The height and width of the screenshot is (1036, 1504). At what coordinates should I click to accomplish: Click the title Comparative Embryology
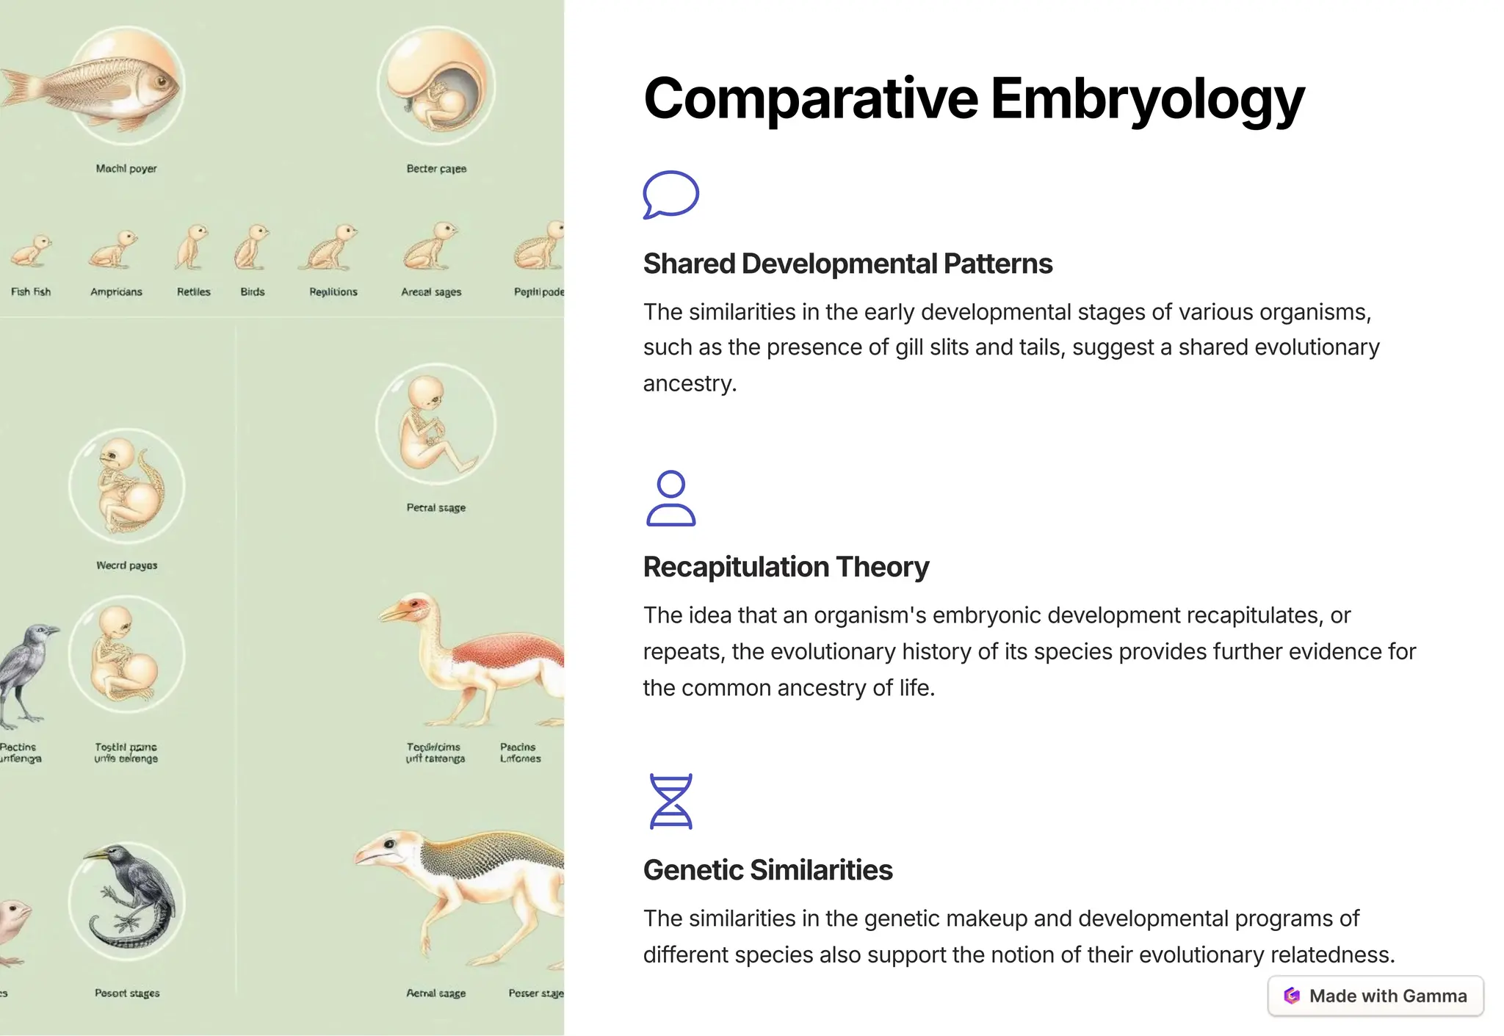point(973,98)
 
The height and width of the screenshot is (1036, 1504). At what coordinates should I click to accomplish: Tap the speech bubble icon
point(670,194)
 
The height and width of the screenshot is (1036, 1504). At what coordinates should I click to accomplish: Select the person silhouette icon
point(670,499)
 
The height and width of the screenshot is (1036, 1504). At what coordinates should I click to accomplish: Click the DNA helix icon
point(670,801)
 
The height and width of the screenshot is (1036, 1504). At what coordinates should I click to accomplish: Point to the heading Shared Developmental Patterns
point(847,264)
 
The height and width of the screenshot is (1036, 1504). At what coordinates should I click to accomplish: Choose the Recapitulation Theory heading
point(786,567)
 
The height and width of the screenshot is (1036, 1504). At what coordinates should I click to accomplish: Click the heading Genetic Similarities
point(767,870)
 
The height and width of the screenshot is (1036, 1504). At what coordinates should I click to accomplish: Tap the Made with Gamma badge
point(1375,996)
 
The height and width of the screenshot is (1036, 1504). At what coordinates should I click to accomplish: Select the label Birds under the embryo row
point(252,291)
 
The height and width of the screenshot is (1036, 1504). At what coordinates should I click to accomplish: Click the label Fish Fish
point(31,291)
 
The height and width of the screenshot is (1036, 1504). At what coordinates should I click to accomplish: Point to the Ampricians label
point(116,291)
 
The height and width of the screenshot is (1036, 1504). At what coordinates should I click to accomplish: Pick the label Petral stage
point(435,507)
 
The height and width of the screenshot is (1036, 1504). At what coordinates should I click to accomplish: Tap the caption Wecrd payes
point(126,565)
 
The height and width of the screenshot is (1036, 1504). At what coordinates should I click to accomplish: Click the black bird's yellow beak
point(96,855)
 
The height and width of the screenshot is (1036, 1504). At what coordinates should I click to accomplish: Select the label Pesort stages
point(126,993)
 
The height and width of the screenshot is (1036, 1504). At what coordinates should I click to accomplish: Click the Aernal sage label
point(435,993)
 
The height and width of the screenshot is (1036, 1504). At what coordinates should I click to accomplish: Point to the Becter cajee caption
point(436,169)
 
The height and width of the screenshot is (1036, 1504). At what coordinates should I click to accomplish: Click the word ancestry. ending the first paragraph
point(689,383)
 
